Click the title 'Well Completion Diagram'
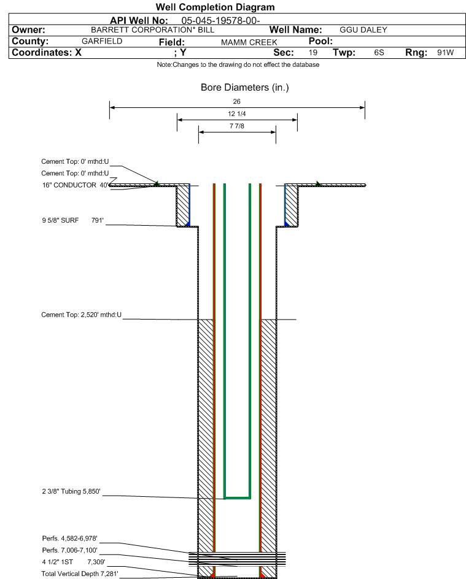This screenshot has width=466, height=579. point(215,7)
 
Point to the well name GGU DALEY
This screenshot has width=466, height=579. point(363,30)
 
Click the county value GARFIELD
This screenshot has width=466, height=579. point(102,41)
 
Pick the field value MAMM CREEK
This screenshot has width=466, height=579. point(249,42)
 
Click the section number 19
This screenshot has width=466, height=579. point(313,53)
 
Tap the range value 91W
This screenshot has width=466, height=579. point(445,53)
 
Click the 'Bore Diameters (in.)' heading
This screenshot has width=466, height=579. point(244,88)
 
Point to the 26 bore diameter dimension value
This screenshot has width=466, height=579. point(237,101)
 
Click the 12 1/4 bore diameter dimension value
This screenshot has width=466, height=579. point(237,115)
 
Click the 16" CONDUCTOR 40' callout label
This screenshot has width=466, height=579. point(75,185)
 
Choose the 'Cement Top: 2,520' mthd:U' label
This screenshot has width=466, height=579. point(81,315)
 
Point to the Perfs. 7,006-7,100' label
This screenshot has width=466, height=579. point(69,550)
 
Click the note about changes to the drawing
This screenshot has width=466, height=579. point(238,65)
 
